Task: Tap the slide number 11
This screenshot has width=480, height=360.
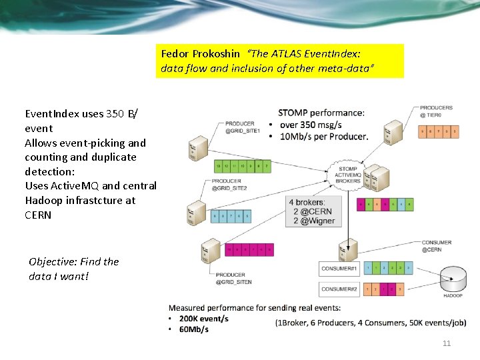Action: pos(447,343)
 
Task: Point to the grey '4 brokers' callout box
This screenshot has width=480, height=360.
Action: pos(313,211)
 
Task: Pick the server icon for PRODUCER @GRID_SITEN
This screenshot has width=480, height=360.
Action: pos(207,252)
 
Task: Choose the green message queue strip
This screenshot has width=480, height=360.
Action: pos(242,165)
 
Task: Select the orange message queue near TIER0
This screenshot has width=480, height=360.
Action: pos(438,133)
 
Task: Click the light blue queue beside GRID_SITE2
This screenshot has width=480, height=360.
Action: pos(231,216)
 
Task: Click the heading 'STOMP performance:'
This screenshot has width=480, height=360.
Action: pos(321,113)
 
